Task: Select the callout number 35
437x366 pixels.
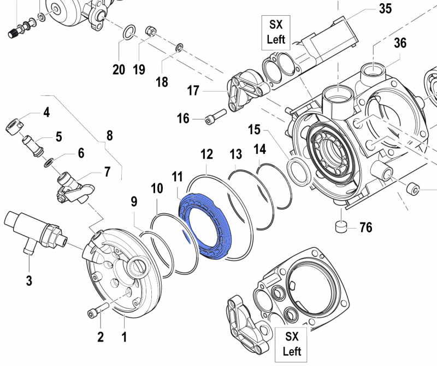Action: [385, 9]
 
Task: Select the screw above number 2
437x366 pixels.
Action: [94, 313]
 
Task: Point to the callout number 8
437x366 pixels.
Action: [109, 135]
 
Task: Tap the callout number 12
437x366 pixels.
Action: [206, 154]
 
